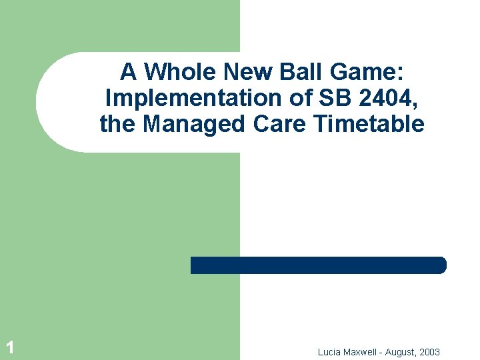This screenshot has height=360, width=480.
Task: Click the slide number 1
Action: coord(9,346)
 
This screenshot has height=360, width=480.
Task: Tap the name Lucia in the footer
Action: coord(330,351)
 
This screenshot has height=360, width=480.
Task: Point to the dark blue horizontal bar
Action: coord(319,265)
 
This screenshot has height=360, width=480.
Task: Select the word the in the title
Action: coord(116,123)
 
